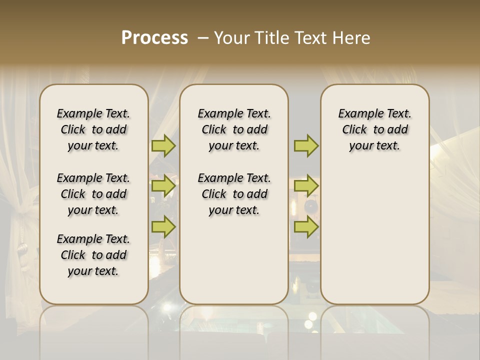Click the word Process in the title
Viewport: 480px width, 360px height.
(154, 38)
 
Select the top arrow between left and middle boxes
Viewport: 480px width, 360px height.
(163, 146)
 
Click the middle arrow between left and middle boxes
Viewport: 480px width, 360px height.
(163, 186)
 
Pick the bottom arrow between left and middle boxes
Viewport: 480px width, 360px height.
(163, 227)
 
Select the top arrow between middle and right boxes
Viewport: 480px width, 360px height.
(306, 146)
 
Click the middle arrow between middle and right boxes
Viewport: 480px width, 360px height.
(306, 186)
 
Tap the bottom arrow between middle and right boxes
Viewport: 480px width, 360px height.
(306, 227)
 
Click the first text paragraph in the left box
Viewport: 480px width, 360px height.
(93, 129)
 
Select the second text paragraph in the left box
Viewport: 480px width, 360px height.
(93, 194)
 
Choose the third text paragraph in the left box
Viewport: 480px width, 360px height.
(93, 255)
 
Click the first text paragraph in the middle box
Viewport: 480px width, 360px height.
(234, 129)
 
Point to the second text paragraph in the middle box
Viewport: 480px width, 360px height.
(234, 194)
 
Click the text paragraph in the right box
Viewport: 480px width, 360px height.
(374, 129)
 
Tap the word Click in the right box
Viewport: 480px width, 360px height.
(354, 130)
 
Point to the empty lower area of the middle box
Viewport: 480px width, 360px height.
(234, 260)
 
